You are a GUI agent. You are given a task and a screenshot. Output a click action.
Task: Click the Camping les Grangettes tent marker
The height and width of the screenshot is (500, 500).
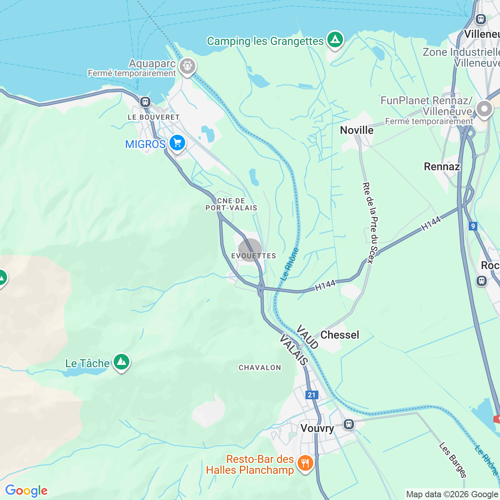[x=335, y=39]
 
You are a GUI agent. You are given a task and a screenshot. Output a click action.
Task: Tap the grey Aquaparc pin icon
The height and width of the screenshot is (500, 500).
[x=187, y=66]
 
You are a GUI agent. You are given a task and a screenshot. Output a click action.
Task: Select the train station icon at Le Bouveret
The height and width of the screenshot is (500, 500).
[x=145, y=102]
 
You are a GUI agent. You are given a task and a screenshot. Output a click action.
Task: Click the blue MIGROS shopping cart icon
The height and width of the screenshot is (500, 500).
[x=177, y=143]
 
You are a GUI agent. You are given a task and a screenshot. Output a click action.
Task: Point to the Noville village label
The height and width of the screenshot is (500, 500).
[x=357, y=130]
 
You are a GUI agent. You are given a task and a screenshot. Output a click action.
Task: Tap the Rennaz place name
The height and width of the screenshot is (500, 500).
[x=442, y=167]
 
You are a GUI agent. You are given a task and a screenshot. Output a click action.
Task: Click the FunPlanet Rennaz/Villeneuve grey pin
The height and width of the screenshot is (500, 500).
[x=484, y=109]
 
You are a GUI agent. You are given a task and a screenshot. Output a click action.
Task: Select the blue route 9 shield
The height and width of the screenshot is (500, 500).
[x=473, y=226]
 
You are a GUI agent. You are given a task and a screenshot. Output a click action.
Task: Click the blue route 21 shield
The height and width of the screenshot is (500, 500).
[x=311, y=395]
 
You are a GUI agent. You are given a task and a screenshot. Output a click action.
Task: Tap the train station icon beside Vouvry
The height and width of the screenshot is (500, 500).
[x=349, y=424]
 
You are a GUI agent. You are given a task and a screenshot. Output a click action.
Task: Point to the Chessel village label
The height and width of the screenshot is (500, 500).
[x=339, y=335]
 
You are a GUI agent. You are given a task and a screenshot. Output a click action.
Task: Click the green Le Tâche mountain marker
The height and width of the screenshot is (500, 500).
[x=121, y=362]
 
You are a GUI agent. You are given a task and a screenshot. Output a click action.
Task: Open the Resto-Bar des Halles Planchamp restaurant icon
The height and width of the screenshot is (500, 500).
[x=305, y=464]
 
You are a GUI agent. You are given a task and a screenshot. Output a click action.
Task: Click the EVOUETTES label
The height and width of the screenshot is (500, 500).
[x=254, y=256]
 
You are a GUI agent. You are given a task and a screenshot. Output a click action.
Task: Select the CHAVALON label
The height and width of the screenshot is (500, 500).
[x=260, y=368]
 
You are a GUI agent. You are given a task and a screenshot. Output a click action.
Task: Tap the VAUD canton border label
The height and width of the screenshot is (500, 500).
[x=307, y=337]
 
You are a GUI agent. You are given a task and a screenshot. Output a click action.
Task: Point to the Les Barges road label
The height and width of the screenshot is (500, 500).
[x=453, y=460]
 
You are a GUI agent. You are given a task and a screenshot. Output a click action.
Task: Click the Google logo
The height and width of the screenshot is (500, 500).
[x=27, y=491]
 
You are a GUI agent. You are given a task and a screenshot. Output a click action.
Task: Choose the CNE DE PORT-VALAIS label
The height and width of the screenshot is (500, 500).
[x=231, y=204]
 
